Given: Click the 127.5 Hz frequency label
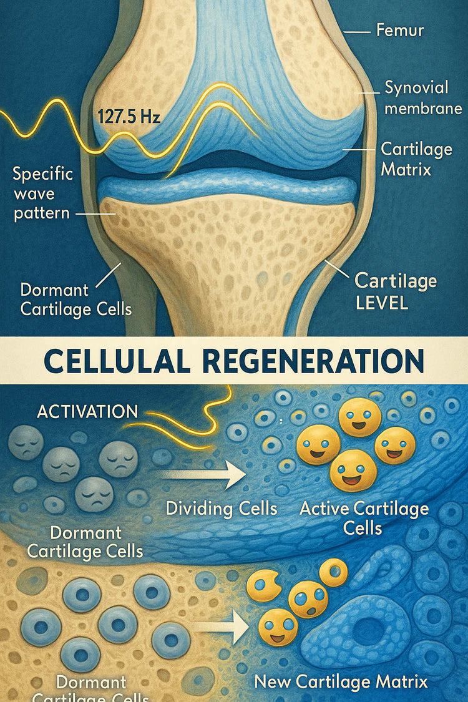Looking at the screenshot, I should click(129, 116).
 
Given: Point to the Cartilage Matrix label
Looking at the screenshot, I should click(408, 158).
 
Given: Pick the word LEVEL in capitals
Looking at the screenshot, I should click(381, 303).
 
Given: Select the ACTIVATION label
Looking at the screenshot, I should click(87, 412).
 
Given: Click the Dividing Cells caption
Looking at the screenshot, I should click(222, 508).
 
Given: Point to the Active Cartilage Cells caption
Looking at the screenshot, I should click(364, 518).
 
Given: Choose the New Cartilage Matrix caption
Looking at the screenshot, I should click(341, 681).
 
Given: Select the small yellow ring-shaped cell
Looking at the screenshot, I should click(334, 572).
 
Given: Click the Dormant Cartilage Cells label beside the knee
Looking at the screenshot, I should click(76, 300).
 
